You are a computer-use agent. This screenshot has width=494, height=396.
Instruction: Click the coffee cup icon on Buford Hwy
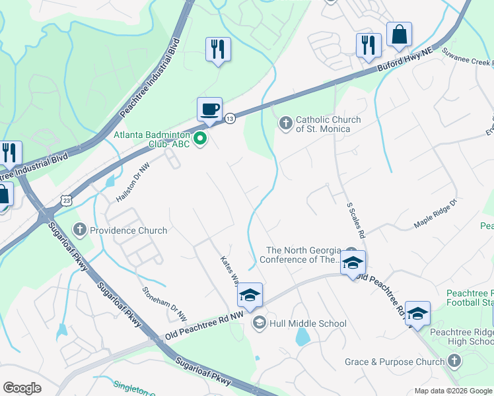click(209, 109)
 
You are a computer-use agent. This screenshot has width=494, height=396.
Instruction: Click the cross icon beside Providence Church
click(80, 230)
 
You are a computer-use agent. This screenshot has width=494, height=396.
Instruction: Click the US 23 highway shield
click(65, 199)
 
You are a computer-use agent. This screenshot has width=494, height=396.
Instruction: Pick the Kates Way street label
click(229, 271)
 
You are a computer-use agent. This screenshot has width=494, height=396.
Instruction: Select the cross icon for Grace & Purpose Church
click(454, 361)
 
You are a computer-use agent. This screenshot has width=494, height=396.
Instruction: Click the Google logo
click(22, 388)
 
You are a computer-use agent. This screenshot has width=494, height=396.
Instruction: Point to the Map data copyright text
click(452, 391)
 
